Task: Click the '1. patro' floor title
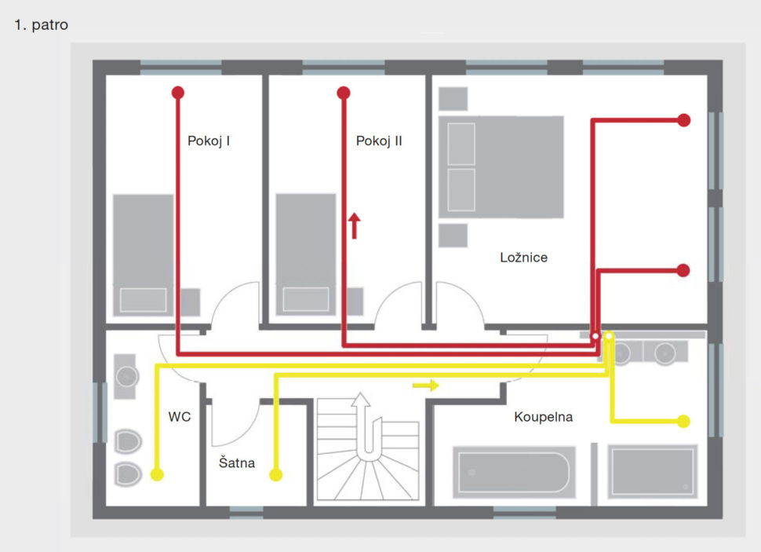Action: pos(42,25)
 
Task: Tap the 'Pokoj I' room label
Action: pos(209,141)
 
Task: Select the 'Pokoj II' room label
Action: pos(379,141)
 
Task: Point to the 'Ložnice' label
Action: pos(523,257)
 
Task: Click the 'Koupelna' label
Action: pos(544,417)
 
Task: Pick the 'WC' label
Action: pos(180,417)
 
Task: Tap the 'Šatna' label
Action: pos(237,462)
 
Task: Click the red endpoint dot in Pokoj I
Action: pos(178,93)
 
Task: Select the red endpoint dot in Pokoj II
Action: pos(344,93)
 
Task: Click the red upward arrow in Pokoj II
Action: pos(355,225)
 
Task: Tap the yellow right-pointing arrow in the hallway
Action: pos(426,386)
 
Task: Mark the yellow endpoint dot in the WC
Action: pos(157,474)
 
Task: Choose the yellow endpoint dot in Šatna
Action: pos(275,474)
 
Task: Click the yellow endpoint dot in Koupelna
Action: pos(683,422)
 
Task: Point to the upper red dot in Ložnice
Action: pos(684,120)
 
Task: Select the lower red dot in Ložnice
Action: pos(683,270)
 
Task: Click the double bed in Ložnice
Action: pos(501,166)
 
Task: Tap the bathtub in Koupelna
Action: pos(514,473)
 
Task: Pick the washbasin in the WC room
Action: pos(126,377)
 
